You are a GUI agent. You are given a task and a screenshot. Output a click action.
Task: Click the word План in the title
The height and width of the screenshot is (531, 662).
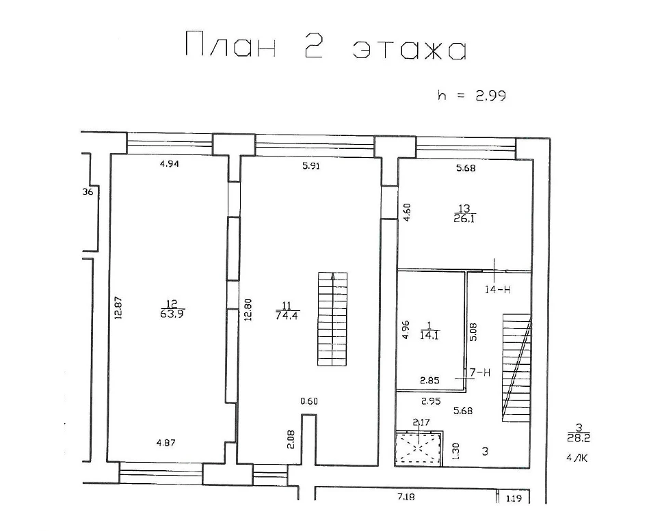[231, 44]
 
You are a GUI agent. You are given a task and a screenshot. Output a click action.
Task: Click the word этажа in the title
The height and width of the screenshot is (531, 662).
[410, 50]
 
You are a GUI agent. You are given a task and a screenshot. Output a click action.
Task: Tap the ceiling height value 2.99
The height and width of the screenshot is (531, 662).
[490, 96]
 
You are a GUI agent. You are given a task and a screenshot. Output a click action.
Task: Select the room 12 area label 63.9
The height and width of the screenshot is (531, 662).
[172, 314]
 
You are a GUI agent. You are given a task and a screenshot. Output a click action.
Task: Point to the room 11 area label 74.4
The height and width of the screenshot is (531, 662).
[287, 315]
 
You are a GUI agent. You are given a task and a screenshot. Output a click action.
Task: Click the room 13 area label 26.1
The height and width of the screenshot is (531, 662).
[464, 218]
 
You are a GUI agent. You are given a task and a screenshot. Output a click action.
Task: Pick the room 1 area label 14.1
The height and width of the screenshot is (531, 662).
[429, 336]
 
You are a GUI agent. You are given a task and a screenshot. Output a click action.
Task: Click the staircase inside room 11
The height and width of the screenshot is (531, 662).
[332, 319]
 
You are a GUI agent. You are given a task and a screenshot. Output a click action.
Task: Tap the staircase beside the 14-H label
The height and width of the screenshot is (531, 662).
[516, 368]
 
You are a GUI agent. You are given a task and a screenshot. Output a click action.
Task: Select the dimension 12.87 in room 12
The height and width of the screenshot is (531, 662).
[118, 308]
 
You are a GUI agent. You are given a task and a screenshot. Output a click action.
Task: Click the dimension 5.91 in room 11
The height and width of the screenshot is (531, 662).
[311, 166]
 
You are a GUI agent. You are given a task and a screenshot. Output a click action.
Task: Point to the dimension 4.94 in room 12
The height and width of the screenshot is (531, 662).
[170, 163]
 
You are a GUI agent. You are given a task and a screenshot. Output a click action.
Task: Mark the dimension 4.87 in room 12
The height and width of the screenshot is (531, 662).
[165, 443]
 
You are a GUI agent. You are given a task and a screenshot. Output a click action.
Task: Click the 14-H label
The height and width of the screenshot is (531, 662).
[498, 289]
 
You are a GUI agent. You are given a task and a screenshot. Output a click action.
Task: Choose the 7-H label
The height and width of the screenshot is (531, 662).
[480, 372]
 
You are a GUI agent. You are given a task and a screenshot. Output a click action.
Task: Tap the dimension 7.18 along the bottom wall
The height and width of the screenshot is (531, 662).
[406, 498]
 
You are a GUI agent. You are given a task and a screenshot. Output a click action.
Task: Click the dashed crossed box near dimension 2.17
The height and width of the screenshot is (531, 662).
[419, 448]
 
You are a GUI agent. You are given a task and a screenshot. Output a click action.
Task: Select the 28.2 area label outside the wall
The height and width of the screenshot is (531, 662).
[579, 438]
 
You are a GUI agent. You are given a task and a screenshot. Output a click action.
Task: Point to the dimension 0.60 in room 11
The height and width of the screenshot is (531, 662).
[309, 401]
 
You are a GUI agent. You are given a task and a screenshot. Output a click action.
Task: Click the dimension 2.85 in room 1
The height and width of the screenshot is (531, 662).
[429, 381]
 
